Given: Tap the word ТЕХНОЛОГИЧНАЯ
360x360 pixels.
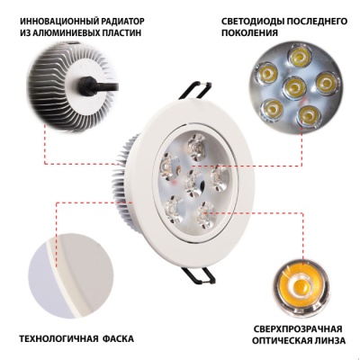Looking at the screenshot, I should [63, 339].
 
